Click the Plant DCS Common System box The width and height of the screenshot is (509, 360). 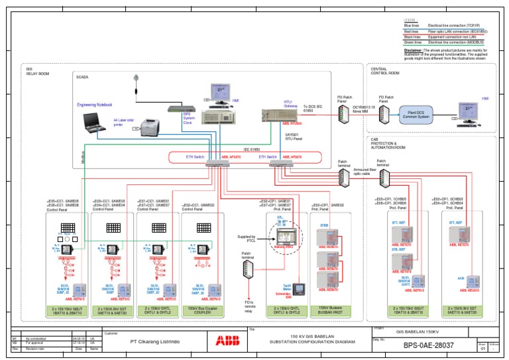pyautogui.click(x=414, y=115)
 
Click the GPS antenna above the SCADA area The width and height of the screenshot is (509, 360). pyautogui.click(x=137, y=79)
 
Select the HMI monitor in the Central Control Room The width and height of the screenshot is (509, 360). pyautogui.click(x=464, y=112)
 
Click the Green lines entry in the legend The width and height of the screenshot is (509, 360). pyautogui.click(x=414, y=42)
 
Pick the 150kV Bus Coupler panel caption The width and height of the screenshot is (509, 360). pyautogui.click(x=203, y=310)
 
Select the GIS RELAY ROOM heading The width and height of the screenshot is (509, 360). pyautogui.click(x=37, y=70)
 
